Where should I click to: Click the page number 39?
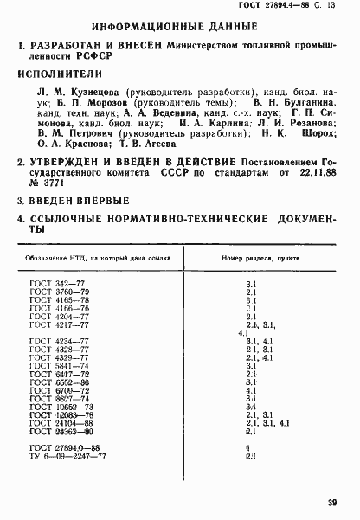click(332, 501)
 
